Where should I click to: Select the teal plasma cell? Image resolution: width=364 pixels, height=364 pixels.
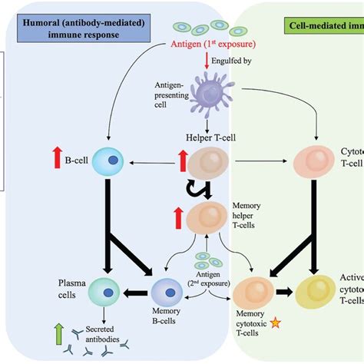pos(104,293)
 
